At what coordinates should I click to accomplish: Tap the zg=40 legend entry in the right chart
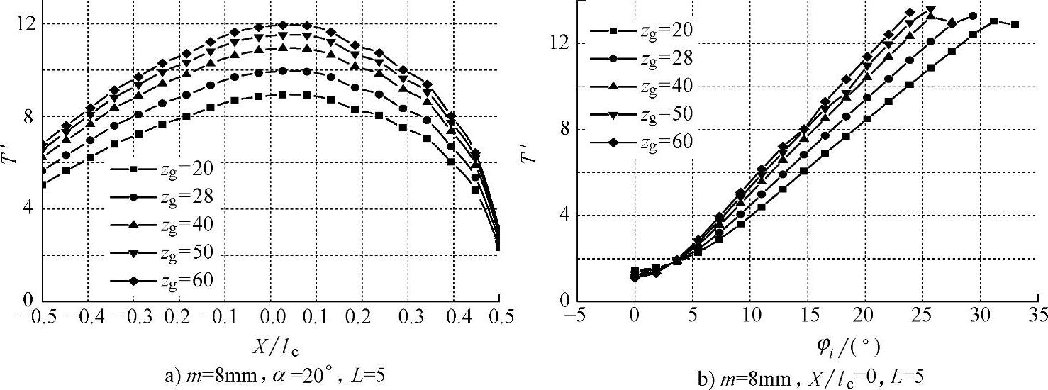pyautogui.click(x=642, y=85)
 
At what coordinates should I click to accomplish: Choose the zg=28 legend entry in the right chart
pyautogui.click(x=642, y=57)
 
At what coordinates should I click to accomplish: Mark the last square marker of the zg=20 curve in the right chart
pyautogui.click(x=1015, y=25)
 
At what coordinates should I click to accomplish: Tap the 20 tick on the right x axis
pyautogui.click(x=865, y=313)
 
